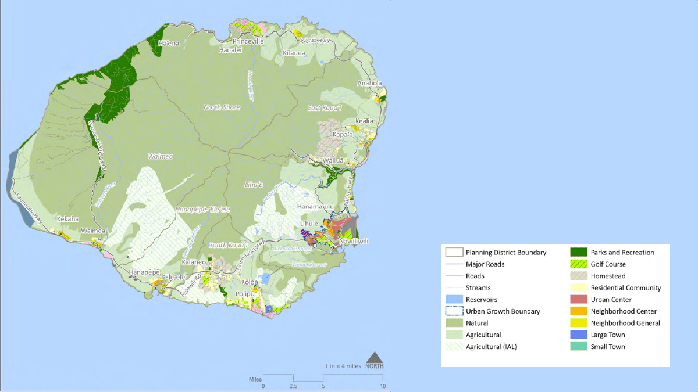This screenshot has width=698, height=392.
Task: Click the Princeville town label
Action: pos(248,42)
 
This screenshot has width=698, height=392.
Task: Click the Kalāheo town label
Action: pos(194,262)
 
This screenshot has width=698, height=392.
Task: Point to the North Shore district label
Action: pos(222,107)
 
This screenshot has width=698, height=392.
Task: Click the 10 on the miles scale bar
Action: pos(382,386)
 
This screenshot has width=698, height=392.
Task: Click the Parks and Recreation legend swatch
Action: pos(578,252)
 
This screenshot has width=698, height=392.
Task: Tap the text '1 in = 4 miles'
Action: pos(343,366)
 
